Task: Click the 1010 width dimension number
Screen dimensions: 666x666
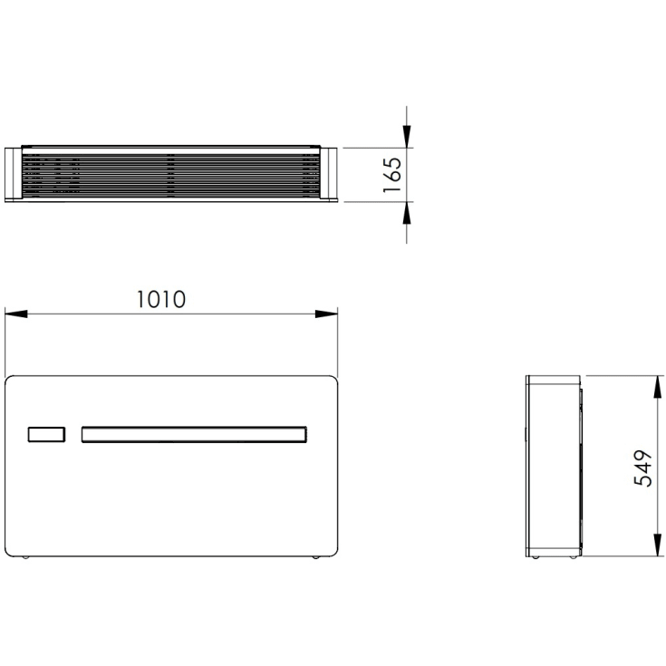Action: pyautogui.click(x=161, y=299)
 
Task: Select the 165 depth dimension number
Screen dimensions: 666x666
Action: pyautogui.click(x=391, y=174)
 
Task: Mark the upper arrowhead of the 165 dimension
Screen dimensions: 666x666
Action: pyautogui.click(x=407, y=136)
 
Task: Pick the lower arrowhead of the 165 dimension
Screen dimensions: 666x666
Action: pyautogui.click(x=407, y=212)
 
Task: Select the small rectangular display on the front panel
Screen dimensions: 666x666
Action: pyautogui.click(x=45, y=435)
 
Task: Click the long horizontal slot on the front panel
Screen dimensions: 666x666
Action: pyautogui.click(x=195, y=435)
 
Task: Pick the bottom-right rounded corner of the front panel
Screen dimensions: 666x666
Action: pyautogui.click(x=333, y=547)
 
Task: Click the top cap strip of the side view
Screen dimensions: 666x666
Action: pyautogui.click(x=553, y=377)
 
